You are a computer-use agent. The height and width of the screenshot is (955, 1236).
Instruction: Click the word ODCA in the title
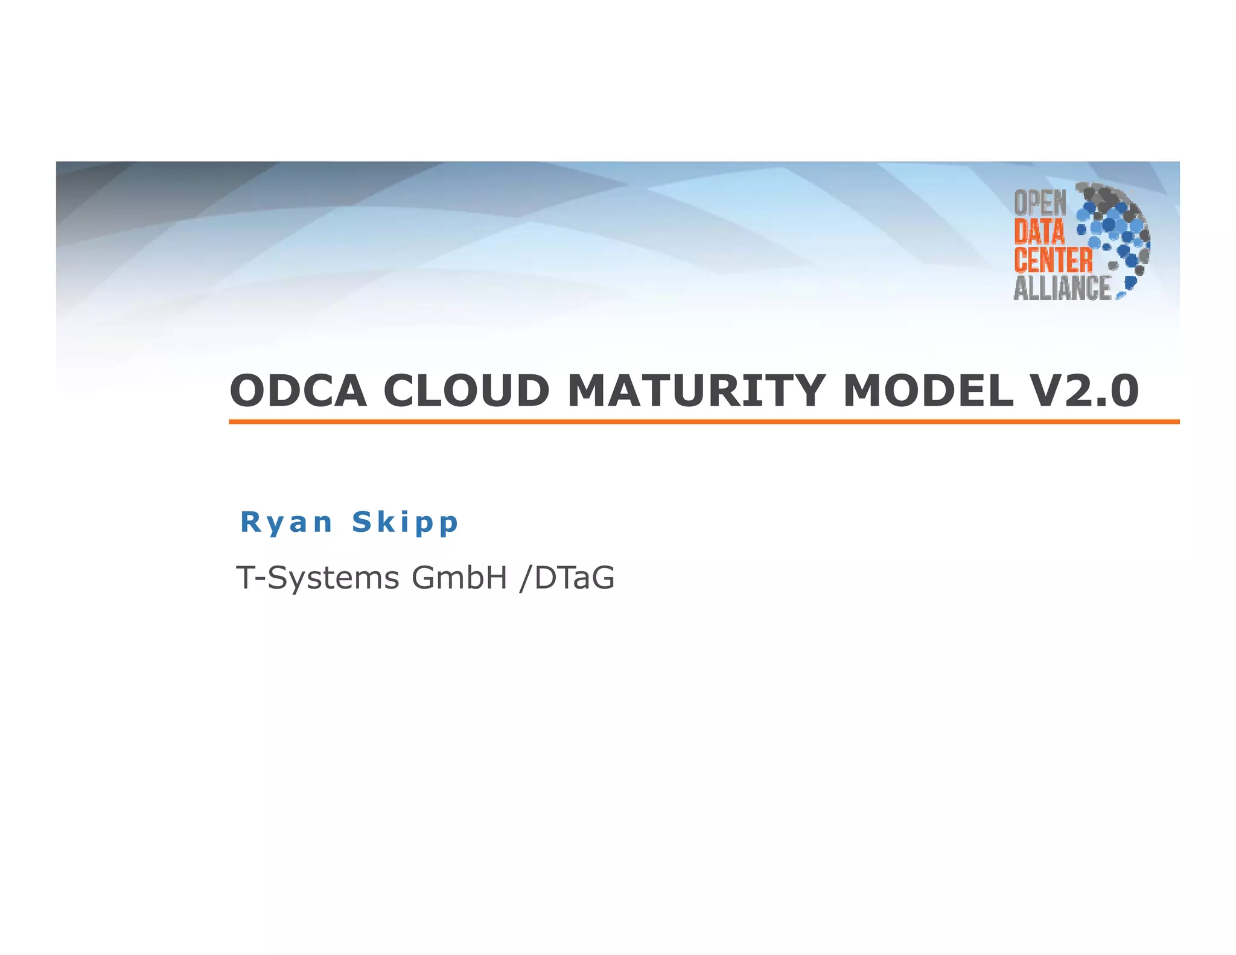click(298, 391)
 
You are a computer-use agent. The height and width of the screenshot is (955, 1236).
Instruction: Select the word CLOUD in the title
click(467, 391)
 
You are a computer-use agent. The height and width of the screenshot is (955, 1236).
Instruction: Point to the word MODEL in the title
click(928, 391)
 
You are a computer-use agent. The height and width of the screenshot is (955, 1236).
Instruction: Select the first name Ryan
click(286, 522)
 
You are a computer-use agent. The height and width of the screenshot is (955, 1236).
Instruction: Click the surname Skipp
click(405, 523)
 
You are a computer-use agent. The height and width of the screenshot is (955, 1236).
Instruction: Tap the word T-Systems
click(317, 578)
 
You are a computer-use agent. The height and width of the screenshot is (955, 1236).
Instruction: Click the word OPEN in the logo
click(1040, 203)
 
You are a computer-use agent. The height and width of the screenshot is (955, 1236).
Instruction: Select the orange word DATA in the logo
click(1039, 232)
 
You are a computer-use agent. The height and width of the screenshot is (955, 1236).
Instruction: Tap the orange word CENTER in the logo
click(1053, 260)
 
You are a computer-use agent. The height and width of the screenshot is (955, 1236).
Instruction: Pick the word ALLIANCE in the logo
click(1062, 288)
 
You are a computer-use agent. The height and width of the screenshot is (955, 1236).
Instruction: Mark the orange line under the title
click(704, 421)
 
